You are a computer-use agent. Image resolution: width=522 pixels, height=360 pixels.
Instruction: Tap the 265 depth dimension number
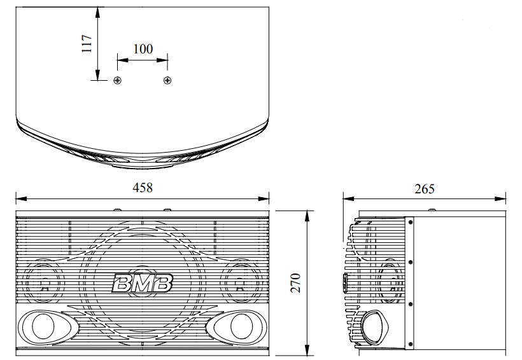pyautogui.click(x=424, y=188)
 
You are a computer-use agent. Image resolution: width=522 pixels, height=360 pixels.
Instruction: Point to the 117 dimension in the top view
pyautogui.click(x=87, y=43)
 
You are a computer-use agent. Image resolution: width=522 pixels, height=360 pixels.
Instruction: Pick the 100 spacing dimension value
pyautogui.click(x=143, y=49)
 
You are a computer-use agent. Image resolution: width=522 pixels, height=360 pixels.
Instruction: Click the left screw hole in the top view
pyautogui.click(x=117, y=80)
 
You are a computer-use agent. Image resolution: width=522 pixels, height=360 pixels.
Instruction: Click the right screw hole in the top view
pyautogui.click(x=167, y=80)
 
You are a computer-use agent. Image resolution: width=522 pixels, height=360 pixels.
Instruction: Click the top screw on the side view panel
pyautogui.click(x=411, y=223)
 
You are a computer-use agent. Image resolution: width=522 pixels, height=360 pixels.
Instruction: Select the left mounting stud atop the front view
pyautogui.click(x=117, y=209)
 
